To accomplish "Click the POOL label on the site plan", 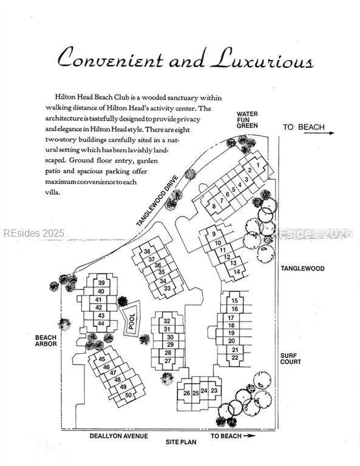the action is click(132, 321).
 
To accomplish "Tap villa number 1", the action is click(258, 165).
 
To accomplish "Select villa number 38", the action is click(147, 251).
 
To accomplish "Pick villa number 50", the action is click(129, 395).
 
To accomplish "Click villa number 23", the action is click(214, 390).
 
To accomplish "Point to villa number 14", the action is click(237, 272).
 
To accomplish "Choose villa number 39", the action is click(101, 283).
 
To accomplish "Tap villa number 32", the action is click(167, 321).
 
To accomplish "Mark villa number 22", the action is click(235, 357).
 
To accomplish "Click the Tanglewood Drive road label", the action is click(157, 201).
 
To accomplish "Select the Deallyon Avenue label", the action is click(118, 436).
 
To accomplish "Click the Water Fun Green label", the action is click(247, 120).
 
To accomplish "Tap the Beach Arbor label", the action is click(46, 340).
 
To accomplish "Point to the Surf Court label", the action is click(291, 359).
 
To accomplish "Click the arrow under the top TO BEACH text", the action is click(319, 133).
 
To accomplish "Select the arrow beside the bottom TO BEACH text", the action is click(249, 436).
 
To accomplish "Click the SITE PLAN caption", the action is click(181, 442).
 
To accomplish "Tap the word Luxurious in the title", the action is click(262, 59).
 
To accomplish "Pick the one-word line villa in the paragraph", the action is click(53, 192).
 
